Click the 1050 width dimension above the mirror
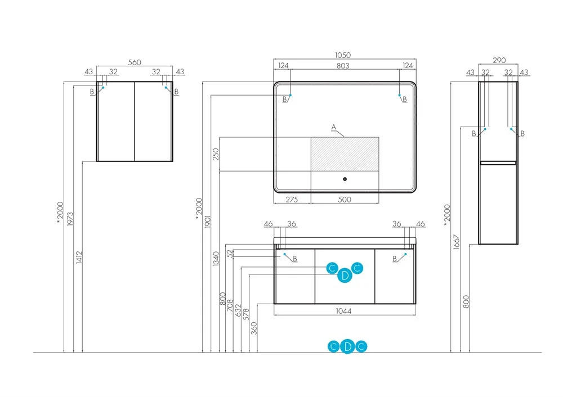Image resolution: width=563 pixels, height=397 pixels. pyautogui.click(x=343, y=55)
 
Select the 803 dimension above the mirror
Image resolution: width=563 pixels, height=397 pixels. pyautogui.click(x=343, y=66)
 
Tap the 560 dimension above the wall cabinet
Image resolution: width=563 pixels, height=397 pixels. pyautogui.click(x=135, y=62)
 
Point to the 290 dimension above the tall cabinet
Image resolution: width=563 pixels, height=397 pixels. pyautogui.click(x=499, y=60)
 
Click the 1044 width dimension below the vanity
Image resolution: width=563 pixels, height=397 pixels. pyautogui.click(x=343, y=311)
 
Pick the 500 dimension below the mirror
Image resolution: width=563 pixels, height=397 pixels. pyautogui.click(x=345, y=200)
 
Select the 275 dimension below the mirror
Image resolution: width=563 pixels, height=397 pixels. pyautogui.click(x=292, y=200)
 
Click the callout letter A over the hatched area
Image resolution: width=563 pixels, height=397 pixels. pyautogui.click(x=333, y=127)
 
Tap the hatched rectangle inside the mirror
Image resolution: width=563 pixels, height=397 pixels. pyautogui.click(x=345, y=154)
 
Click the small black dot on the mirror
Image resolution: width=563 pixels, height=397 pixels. pyautogui.click(x=345, y=179)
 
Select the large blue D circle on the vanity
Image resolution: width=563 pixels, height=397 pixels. pyautogui.click(x=345, y=276)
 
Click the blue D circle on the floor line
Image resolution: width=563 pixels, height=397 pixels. pyautogui.click(x=347, y=346)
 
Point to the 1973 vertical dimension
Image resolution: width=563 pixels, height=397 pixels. pyautogui.click(x=70, y=219)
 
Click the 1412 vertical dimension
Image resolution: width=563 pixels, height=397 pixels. pyautogui.click(x=79, y=258)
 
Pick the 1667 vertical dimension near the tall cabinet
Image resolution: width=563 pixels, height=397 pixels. pyautogui.click(x=457, y=242)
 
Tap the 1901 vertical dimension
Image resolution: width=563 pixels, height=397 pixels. pyautogui.click(x=208, y=222)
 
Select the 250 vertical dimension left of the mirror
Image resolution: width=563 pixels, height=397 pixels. pyautogui.click(x=216, y=154)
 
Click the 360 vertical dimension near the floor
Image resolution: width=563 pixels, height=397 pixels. pyautogui.click(x=254, y=328)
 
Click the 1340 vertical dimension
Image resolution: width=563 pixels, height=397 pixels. pyautogui.click(x=216, y=259)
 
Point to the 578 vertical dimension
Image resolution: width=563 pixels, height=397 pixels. pyautogui.click(x=246, y=314)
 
